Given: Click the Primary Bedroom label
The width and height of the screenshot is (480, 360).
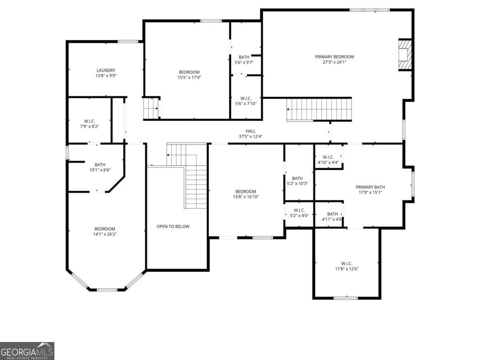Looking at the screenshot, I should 334,57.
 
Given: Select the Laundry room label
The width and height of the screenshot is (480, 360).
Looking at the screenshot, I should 106,70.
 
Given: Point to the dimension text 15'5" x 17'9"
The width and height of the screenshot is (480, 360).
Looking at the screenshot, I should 189,78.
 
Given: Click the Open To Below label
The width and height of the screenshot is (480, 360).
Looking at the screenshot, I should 173,226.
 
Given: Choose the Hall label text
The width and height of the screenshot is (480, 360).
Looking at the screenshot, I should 250,131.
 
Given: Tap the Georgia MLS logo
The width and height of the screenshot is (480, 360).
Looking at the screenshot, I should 27,351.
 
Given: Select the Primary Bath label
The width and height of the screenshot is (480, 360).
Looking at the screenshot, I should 370,187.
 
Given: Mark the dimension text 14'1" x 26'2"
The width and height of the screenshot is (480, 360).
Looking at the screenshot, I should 105,234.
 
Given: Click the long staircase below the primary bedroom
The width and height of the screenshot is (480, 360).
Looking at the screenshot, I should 319,109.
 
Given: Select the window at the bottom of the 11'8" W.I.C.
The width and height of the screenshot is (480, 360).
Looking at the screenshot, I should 346,298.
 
